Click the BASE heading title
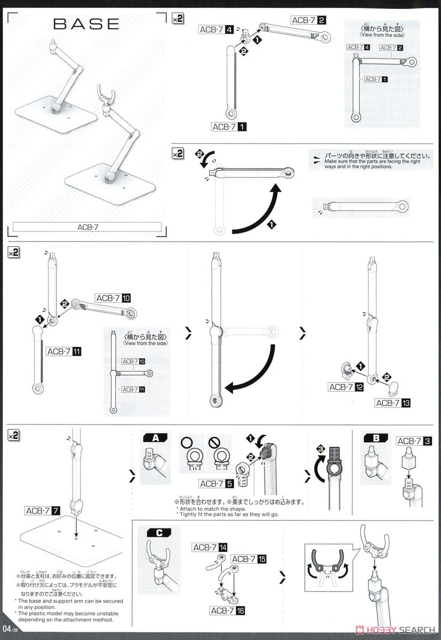pyautogui.click(x=86, y=24)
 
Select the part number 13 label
pyautogui.click(x=393, y=403)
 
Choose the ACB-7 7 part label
pyautogui.click(x=43, y=511)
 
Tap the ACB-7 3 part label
pyautogui.click(x=414, y=441)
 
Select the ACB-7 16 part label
pyautogui.click(x=228, y=610)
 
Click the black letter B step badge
pyautogui.click(x=376, y=438)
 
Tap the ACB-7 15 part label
pyautogui.click(x=248, y=558)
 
